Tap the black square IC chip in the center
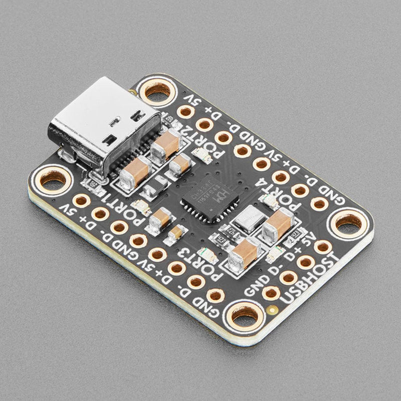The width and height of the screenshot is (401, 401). [x=210, y=197]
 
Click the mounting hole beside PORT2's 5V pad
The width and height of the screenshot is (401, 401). [x=157, y=92]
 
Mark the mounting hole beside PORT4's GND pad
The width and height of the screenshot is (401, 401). [x=349, y=223]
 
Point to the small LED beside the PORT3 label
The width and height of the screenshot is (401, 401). [x=209, y=255]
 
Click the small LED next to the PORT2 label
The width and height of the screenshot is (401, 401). [x=204, y=156]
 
